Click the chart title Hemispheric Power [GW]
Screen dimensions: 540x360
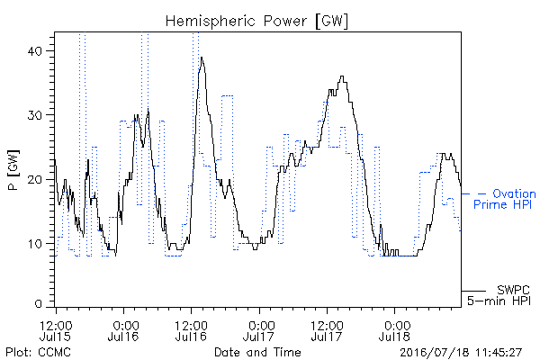point(256,21)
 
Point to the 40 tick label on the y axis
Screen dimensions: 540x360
point(34,51)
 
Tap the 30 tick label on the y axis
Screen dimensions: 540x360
point(34,115)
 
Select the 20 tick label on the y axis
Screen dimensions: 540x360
point(34,179)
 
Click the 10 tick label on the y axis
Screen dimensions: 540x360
point(35,244)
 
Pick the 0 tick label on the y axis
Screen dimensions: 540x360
point(38,303)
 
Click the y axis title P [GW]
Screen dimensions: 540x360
point(13,170)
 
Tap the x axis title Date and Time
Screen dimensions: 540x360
point(257,352)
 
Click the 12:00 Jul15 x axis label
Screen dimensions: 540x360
point(56,330)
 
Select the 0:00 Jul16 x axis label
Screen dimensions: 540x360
point(123,330)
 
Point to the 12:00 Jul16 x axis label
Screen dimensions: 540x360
point(191,330)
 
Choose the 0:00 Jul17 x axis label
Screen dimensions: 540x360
point(259,330)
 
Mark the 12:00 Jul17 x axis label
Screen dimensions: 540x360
point(327,330)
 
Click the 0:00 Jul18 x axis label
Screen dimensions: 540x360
point(395,330)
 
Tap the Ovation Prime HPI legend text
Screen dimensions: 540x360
point(505,199)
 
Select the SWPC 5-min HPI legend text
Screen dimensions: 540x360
point(499,295)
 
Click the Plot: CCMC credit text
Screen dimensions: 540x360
point(38,352)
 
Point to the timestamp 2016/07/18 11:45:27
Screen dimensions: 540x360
point(461,353)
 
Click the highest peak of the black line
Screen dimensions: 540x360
point(202,58)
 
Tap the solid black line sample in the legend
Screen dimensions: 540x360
point(473,291)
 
